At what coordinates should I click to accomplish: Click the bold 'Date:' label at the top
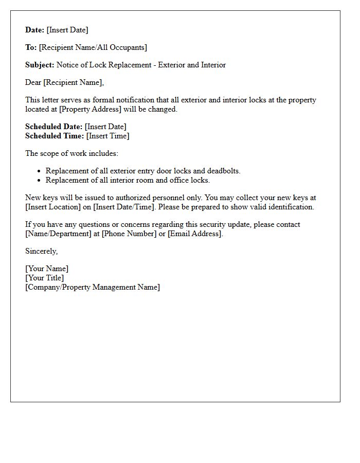[35, 30]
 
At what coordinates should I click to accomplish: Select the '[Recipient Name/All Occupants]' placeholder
[93, 47]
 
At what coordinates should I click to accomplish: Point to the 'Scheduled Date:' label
[53, 127]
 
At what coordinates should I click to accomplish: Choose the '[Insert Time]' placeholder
[107, 136]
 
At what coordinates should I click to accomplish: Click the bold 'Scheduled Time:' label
[55, 136]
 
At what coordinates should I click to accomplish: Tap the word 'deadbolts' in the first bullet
[223, 171]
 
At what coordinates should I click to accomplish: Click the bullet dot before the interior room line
[39, 181]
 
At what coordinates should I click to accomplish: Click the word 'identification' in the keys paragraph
[290, 207]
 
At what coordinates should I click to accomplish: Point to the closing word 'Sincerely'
[41, 251]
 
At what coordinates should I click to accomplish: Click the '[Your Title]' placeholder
[45, 278]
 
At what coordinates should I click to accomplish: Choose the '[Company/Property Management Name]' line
[93, 287]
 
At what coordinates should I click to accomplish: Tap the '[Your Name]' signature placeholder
[47, 269]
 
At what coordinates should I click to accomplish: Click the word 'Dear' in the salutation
[33, 82]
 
